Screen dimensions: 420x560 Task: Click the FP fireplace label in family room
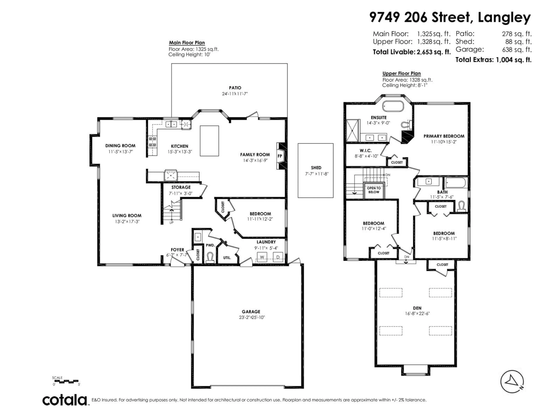click(x=280, y=156)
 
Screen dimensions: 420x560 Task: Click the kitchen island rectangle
click(x=209, y=141)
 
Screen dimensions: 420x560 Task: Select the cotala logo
click(x=65, y=400)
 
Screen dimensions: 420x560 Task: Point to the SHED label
click(x=316, y=168)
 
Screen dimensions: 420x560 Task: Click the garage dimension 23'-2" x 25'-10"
click(x=252, y=317)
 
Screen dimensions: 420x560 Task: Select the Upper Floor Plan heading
click(x=401, y=73)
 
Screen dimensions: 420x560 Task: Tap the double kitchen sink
click(x=171, y=124)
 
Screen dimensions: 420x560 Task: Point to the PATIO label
click(x=235, y=88)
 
